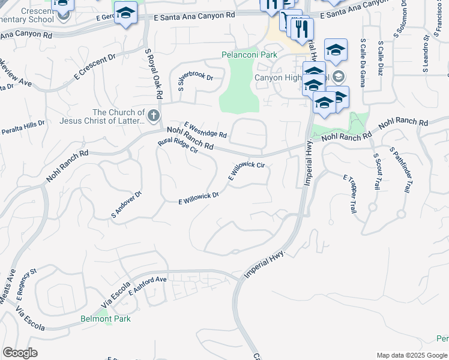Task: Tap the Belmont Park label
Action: click(x=106, y=319)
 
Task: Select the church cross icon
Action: click(x=154, y=115)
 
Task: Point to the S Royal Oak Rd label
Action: click(x=154, y=74)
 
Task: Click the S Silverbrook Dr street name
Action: click(x=195, y=83)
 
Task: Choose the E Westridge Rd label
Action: click(x=205, y=129)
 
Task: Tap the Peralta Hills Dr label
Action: click(x=23, y=128)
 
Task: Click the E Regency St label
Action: click(x=26, y=283)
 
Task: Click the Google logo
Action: click(x=20, y=353)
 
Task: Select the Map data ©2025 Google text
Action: click(x=411, y=355)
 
